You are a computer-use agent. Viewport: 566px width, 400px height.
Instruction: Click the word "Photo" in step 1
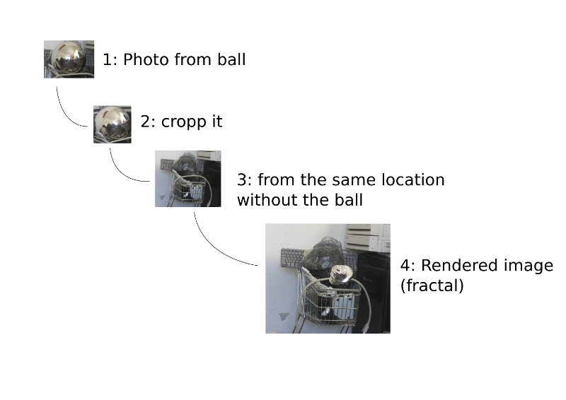pos(146,59)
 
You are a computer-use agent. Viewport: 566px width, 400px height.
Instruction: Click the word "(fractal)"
pos(432,286)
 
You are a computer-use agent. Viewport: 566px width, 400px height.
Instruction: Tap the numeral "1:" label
pos(110,59)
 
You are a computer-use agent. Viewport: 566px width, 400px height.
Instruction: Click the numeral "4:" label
pos(408,265)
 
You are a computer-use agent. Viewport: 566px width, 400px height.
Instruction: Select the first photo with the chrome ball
pos(69,59)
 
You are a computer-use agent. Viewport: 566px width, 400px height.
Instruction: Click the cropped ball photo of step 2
pos(112,124)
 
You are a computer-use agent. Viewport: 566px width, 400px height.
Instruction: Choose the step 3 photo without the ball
pos(188,179)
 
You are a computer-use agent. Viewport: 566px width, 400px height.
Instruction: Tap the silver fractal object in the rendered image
pos(341,274)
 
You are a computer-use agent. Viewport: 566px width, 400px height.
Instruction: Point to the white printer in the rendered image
pos(368,237)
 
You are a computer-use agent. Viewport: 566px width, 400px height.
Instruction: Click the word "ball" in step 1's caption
pos(231,59)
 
